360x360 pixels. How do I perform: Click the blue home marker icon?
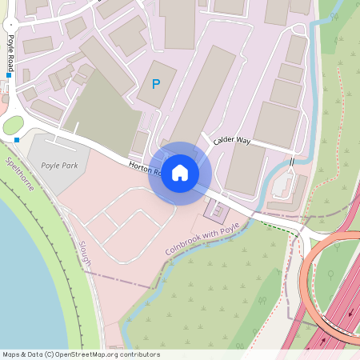pos(180,173)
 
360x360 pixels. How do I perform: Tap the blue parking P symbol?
pos(156,83)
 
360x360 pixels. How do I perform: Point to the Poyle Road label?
pos(11,54)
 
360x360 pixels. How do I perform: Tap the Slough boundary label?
pos(85,253)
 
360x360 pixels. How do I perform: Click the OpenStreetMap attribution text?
pos(81,354)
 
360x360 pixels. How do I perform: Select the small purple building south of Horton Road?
pos(216,210)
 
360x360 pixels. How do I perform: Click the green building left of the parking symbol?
pos(104,112)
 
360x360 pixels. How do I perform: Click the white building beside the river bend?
pos(284,186)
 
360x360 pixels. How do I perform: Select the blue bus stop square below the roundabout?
pos(16,140)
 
